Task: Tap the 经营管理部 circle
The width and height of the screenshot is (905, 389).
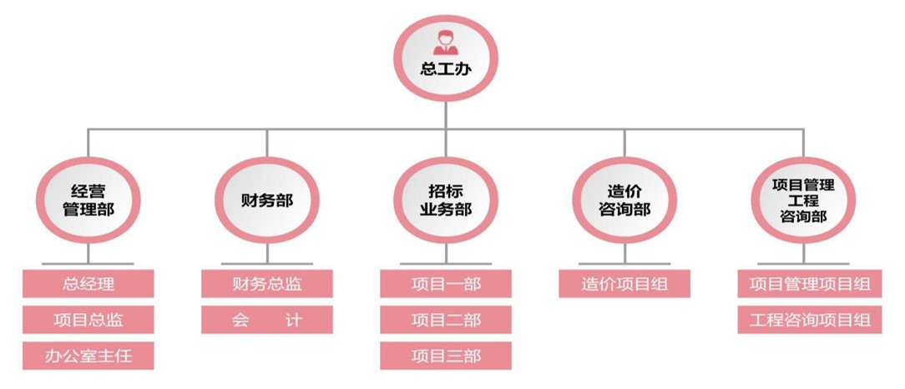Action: click(x=88, y=200)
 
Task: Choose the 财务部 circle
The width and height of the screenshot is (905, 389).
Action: click(x=267, y=200)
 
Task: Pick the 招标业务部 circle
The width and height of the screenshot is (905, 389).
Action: click(x=446, y=200)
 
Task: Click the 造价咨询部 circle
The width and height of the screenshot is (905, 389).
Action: click(x=624, y=200)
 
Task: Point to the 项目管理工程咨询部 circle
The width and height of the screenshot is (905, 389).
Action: click(x=803, y=200)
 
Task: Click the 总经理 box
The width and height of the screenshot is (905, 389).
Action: click(x=88, y=284)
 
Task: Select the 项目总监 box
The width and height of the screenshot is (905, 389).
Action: click(x=88, y=320)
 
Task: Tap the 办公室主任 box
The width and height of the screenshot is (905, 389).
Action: click(x=88, y=356)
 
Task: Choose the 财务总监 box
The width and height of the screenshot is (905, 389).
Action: click(x=267, y=284)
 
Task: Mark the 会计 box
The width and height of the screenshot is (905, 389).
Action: click(x=267, y=320)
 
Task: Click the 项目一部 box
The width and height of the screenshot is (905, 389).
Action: click(x=446, y=284)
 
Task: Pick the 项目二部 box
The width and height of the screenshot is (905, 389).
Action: click(x=446, y=320)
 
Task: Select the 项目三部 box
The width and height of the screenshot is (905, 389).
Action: click(x=446, y=356)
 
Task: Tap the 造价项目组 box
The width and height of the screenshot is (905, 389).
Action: click(x=624, y=284)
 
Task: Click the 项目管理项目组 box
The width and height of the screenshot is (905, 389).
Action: click(x=810, y=284)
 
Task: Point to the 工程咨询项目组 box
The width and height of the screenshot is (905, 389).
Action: click(x=810, y=320)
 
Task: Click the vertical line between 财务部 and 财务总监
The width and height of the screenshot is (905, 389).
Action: click(x=267, y=254)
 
